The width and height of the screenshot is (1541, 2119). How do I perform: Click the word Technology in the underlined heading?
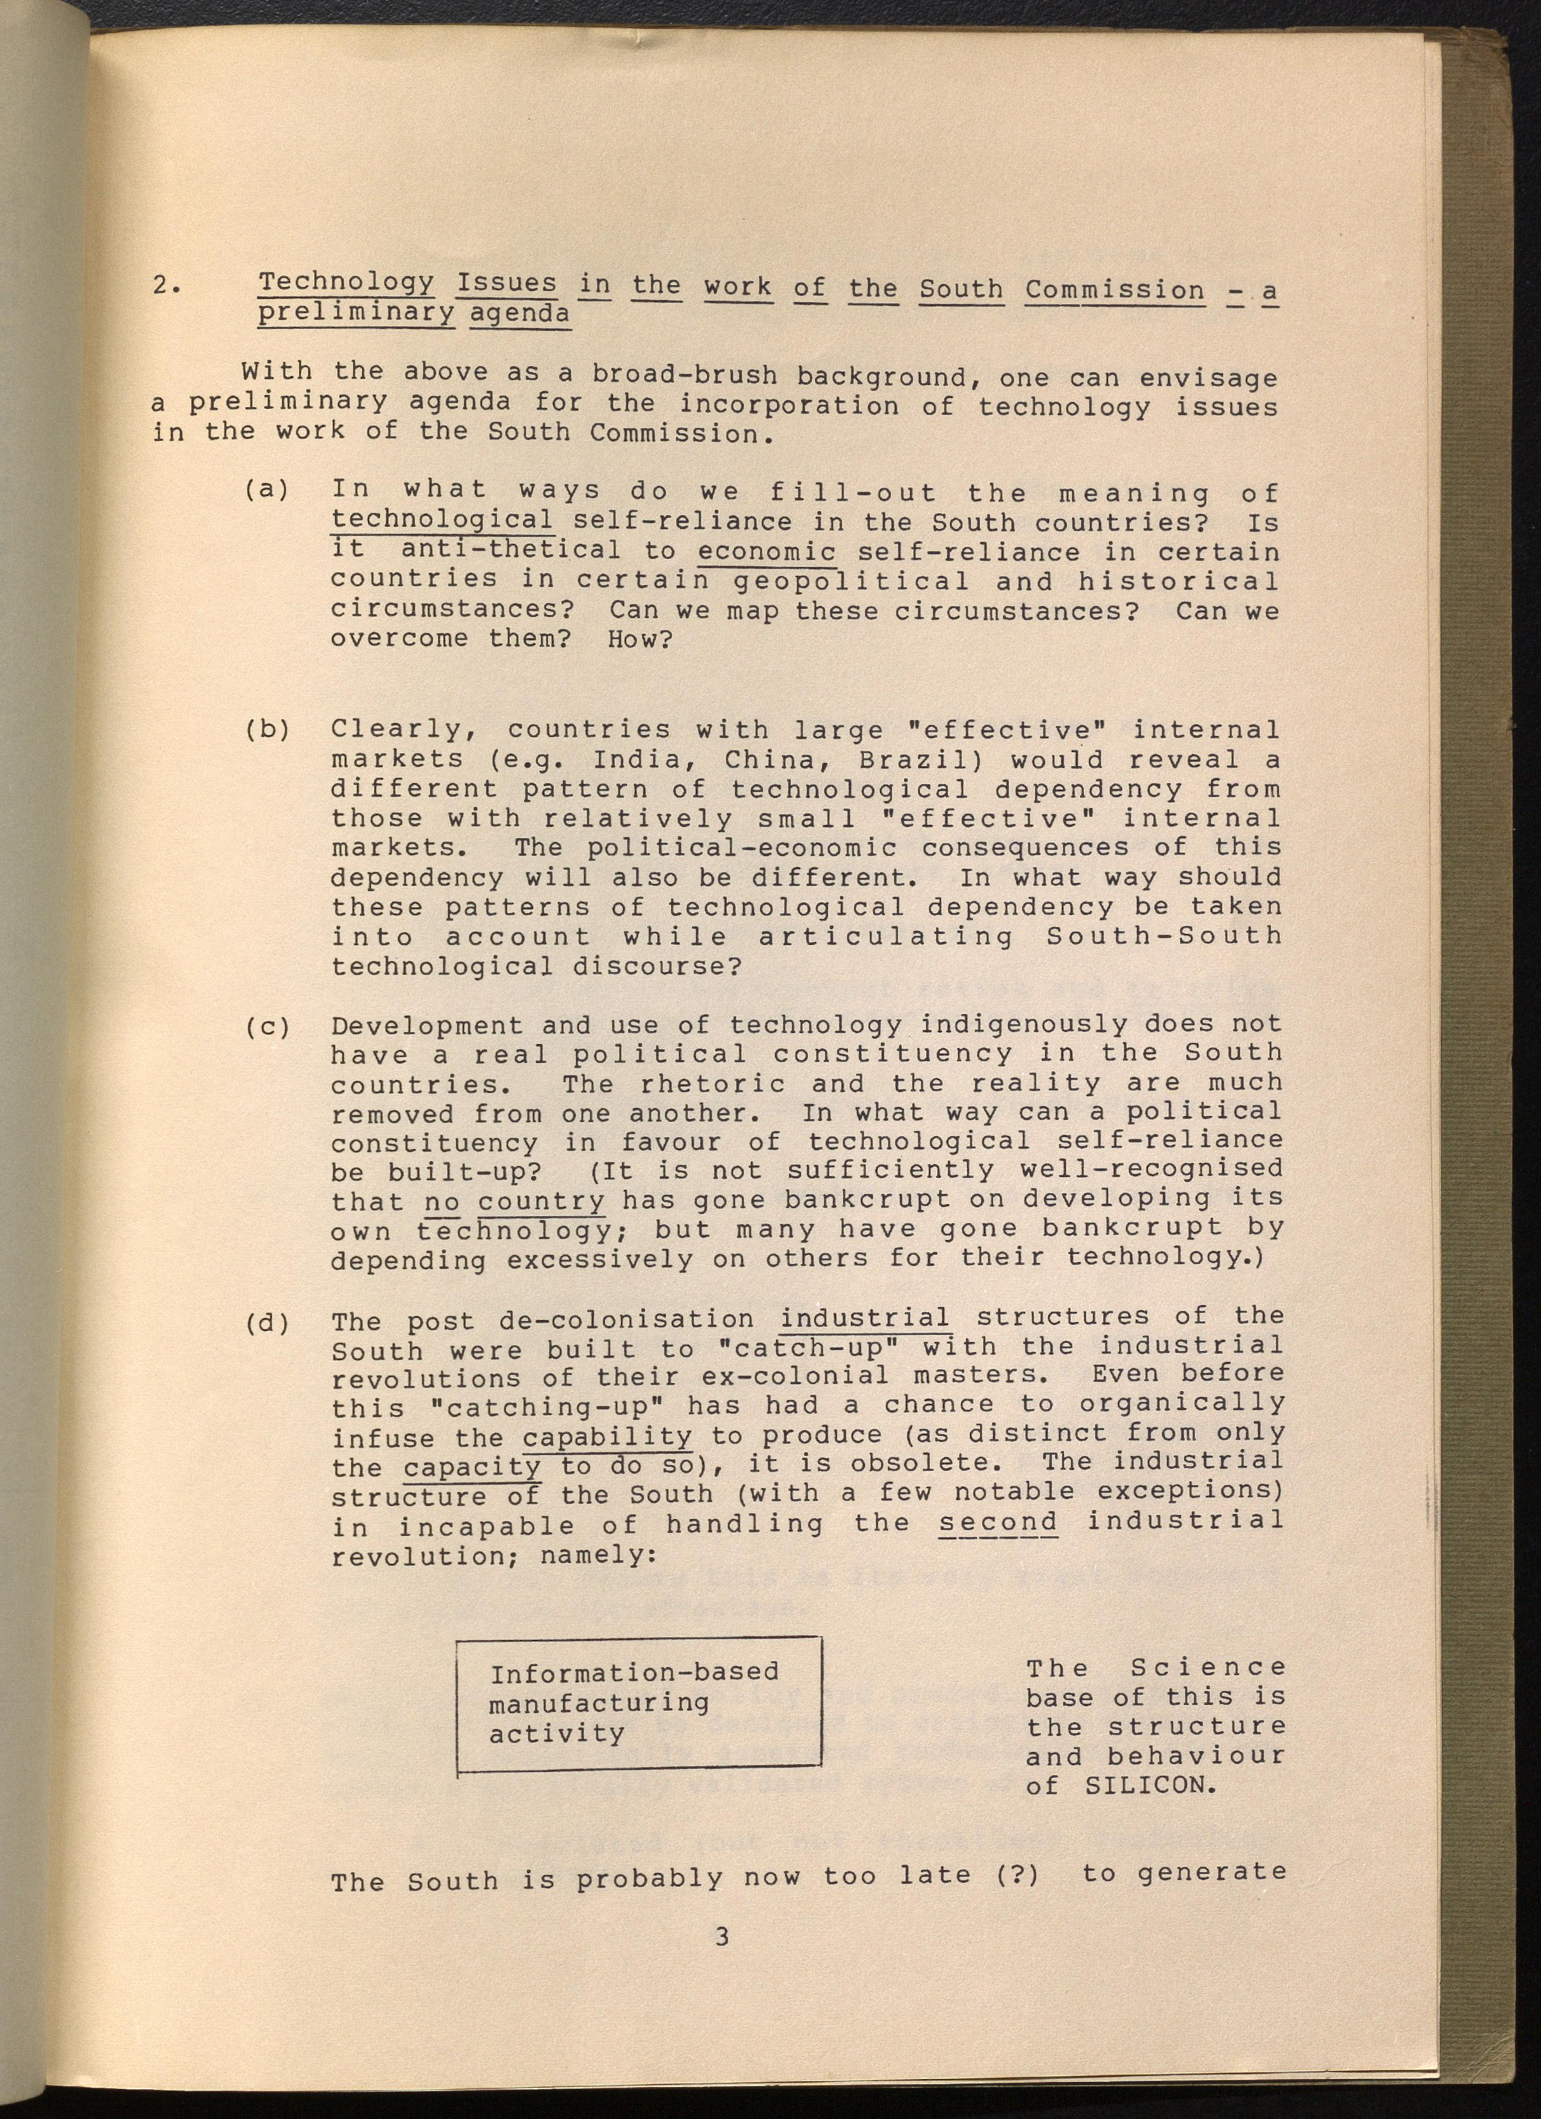tap(346, 282)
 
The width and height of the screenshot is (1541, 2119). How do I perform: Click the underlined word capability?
tap(607, 1435)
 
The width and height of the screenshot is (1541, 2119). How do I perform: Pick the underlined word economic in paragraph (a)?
tap(766, 552)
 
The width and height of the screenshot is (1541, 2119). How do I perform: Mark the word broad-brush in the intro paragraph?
tap(684, 375)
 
